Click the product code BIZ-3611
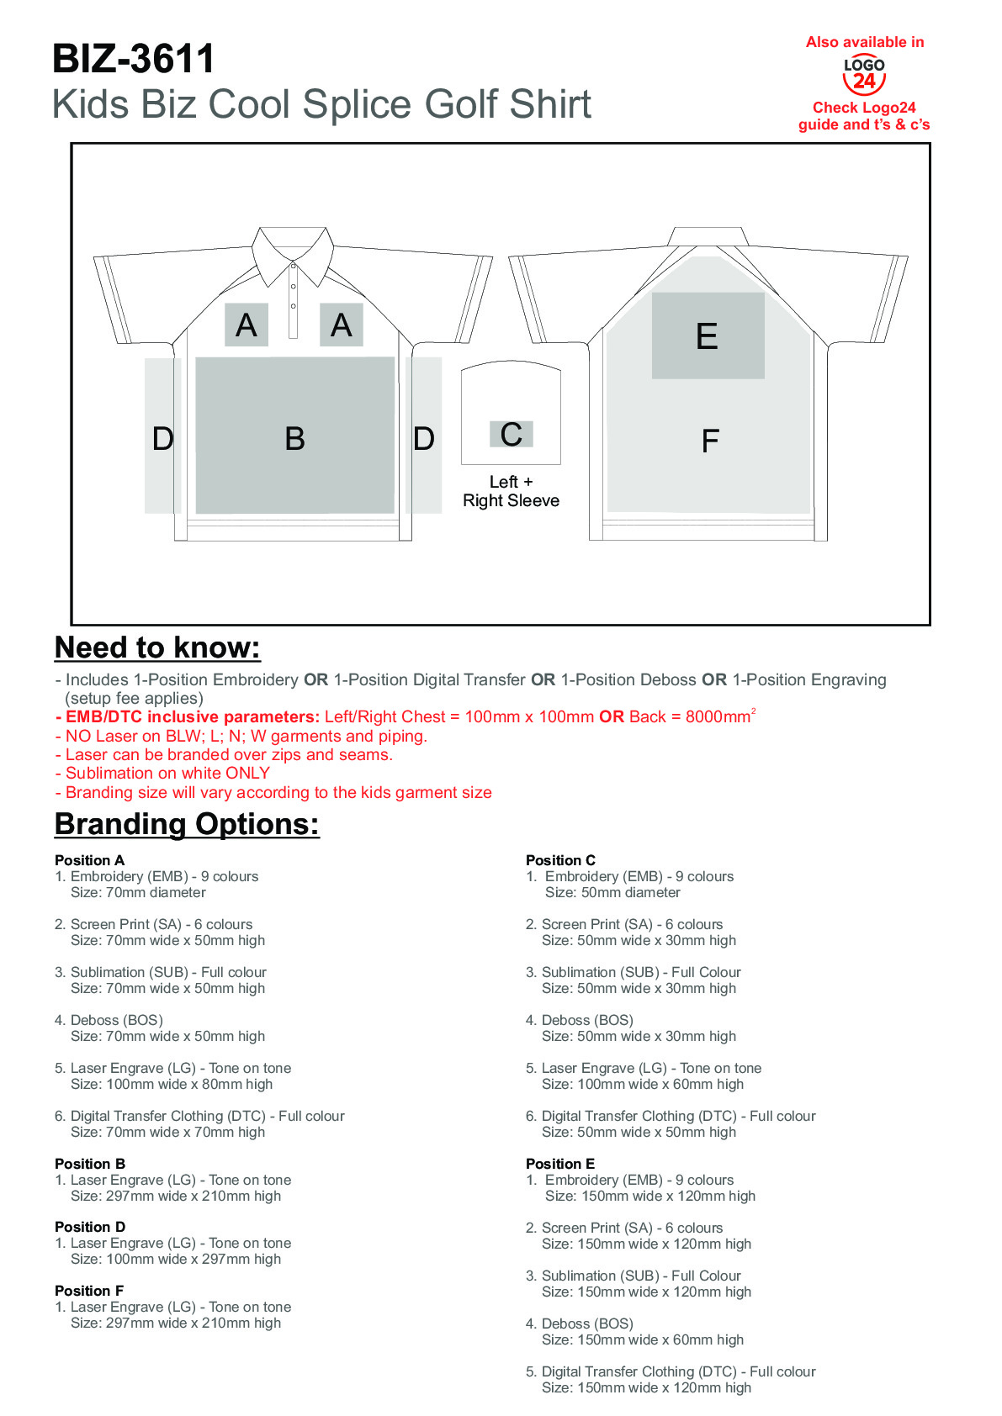click(x=134, y=60)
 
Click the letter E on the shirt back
click(x=707, y=336)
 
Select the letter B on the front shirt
click(x=294, y=438)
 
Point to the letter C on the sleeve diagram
click(x=511, y=435)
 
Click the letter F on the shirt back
click(x=710, y=441)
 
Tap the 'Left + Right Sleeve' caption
click(x=511, y=491)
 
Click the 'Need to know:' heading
click(x=157, y=647)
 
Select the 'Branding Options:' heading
click(x=187, y=824)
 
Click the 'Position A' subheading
click(x=89, y=860)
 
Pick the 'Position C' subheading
click(x=560, y=860)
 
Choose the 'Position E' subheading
click(x=560, y=1164)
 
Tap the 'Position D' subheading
click(x=90, y=1227)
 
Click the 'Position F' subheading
click(x=89, y=1291)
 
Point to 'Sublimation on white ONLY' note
click(x=167, y=773)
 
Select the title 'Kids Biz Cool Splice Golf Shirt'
click(x=321, y=104)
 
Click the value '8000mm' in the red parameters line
click(x=718, y=717)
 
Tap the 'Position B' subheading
click(x=90, y=1164)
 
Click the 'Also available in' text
click(x=865, y=42)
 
